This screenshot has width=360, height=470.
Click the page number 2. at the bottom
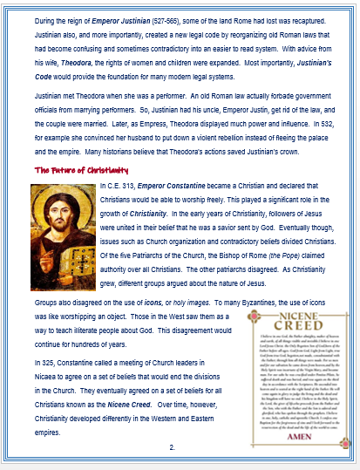[x=173, y=447]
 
